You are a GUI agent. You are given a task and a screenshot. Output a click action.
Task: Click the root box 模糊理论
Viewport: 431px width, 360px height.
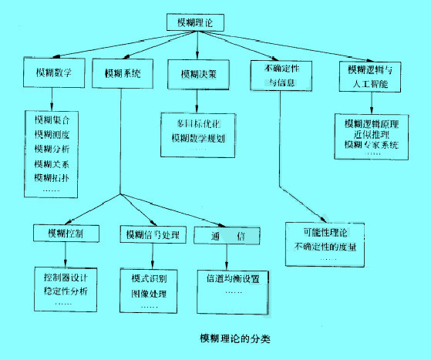(x=196, y=24)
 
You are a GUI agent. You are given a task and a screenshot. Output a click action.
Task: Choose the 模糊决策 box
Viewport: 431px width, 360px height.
(x=198, y=75)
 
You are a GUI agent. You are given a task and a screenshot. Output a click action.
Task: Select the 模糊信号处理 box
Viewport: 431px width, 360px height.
(x=151, y=233)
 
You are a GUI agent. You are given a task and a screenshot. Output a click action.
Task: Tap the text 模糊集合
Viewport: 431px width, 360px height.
(x=52, y=121)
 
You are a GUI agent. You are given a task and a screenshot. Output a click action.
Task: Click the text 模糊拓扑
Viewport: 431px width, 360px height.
(x=52, y=178)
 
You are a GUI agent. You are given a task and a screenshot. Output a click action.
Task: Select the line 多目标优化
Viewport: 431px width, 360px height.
(x=198, y=123)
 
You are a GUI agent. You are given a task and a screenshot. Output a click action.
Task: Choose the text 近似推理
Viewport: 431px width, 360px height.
(x=365, y=133)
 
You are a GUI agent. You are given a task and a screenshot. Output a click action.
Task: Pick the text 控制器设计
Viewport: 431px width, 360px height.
(x=66, y=275)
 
